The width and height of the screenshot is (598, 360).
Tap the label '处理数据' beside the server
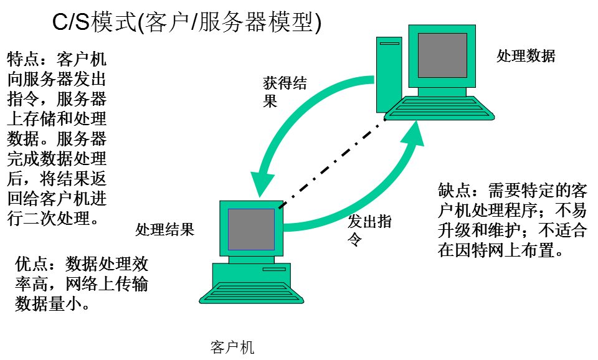click(525, 55)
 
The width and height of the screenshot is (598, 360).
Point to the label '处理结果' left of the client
click(165, 229)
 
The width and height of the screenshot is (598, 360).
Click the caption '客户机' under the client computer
click(232, 347)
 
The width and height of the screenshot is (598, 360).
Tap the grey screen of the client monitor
click(251, 229)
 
